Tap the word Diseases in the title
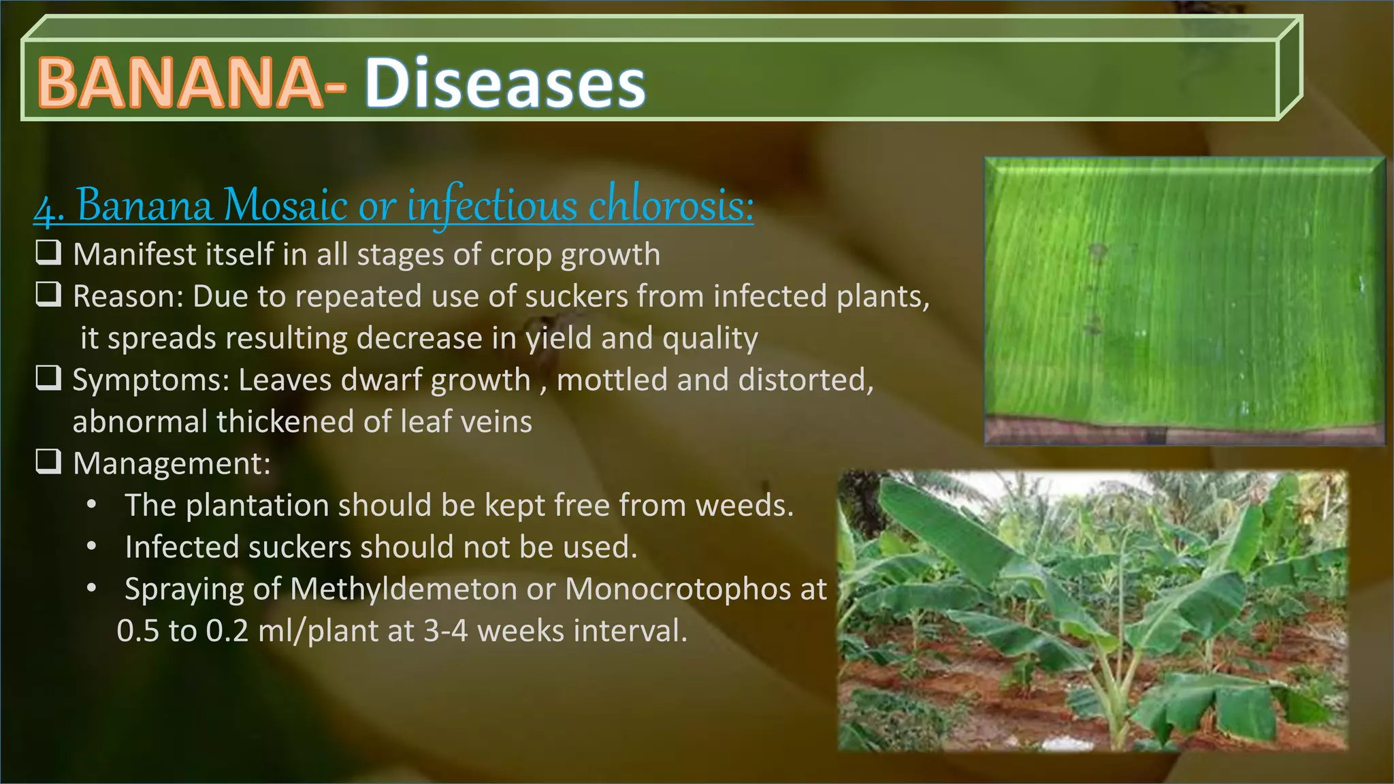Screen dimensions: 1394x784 click(505, 82)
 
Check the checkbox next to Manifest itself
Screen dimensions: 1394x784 click(48, 253)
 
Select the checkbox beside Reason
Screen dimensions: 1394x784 click(48, 295)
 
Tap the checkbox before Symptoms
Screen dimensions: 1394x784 click(48, 378)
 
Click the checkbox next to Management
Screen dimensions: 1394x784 click(48, 462)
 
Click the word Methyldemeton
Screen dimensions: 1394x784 click(403, 589)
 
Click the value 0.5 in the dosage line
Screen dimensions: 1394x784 click(138, 631)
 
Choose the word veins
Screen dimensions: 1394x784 click(497, 422)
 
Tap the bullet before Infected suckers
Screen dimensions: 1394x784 click(92, 547)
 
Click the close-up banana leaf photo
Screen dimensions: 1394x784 click(1184, 301)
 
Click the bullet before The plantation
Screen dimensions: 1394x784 click(92, 506)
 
